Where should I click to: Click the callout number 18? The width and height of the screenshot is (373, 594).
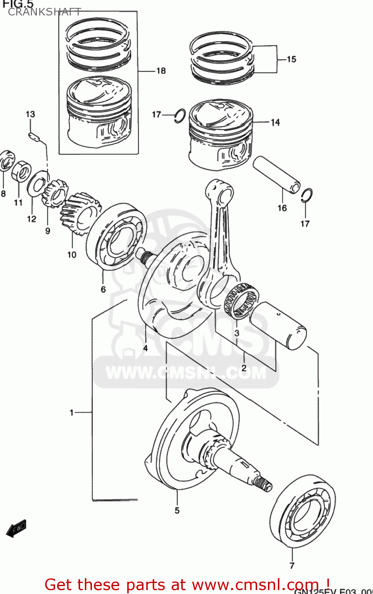tap(161, 71)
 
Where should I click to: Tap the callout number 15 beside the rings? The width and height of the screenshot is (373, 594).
tap(291, 59)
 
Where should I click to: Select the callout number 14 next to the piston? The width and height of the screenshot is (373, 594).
tap(275, 123)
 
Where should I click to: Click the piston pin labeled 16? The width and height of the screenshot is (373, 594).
tap(276, 175)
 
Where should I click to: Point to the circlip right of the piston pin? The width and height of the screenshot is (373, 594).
tap(307, 195)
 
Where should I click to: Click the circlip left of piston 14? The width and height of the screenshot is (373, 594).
tap(180, 115)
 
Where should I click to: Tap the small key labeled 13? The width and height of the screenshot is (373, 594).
tap(34, 136)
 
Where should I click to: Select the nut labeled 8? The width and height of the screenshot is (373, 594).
tap(6, 161)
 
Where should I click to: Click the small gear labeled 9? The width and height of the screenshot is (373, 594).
tap(55, 193)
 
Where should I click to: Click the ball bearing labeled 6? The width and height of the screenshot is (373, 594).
tap(116, 236)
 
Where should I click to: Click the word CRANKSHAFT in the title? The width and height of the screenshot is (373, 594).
tap(44, 12)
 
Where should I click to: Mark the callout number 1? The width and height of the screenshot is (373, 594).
tap(72, 413)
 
